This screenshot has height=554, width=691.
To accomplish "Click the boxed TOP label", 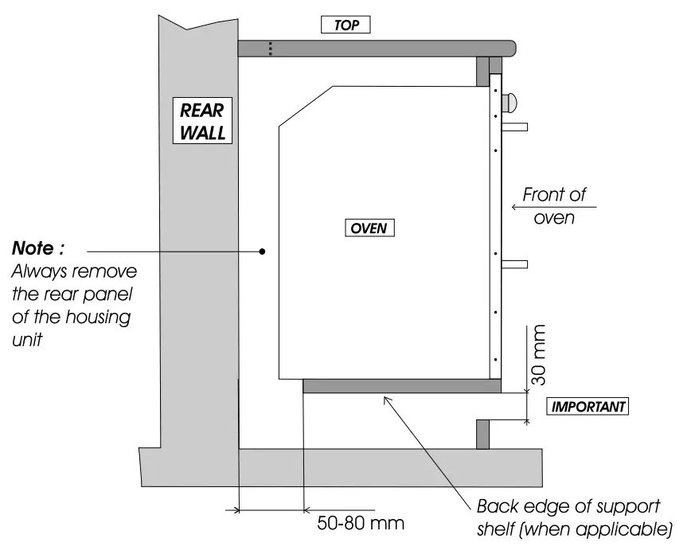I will click(346, 25).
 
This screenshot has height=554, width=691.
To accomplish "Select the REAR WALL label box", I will click(202, 120).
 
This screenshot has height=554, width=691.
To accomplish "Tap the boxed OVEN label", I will click(369, 228).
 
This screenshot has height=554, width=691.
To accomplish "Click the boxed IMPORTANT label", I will click(588, 406).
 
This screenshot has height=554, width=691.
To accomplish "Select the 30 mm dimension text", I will click(539, 355).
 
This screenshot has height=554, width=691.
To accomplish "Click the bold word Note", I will click(37, 249).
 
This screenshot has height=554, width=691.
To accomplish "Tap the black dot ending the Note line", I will click(262, 252).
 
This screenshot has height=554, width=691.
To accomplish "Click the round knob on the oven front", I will click(509, 102).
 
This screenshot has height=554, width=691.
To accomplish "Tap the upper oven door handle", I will click(514, 127).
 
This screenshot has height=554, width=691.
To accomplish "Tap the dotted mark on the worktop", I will click(271, 49).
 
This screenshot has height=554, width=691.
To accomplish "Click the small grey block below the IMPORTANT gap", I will click(482, 434).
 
